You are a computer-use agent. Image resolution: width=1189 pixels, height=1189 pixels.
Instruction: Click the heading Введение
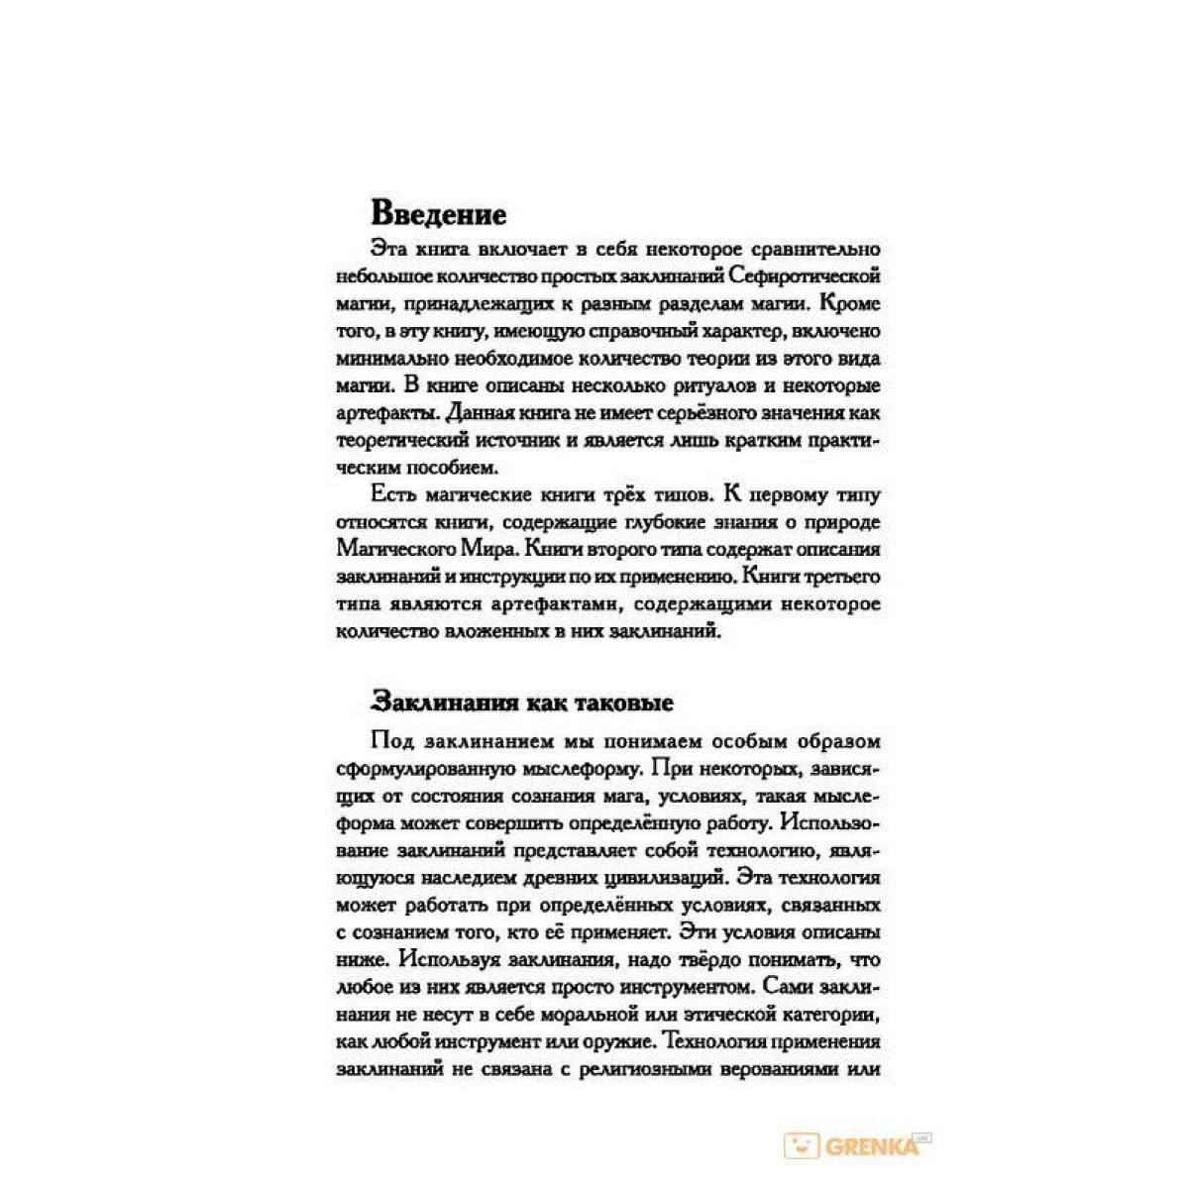pyautogui.click(x=438, y=214)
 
